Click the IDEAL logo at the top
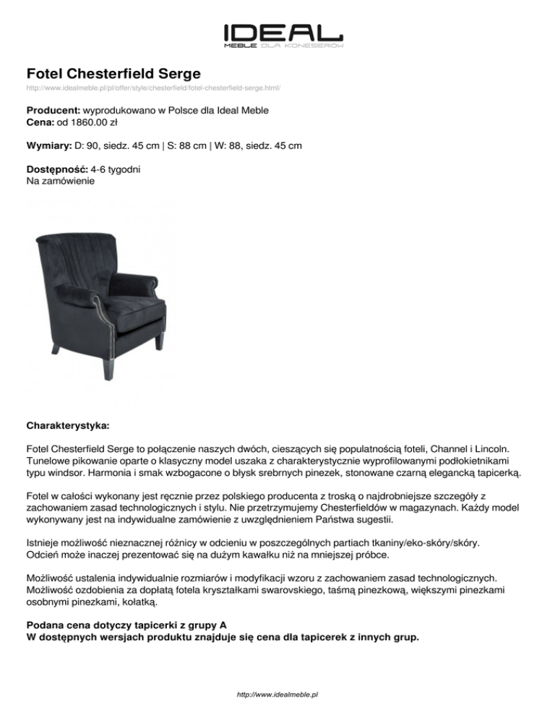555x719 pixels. point(283,33)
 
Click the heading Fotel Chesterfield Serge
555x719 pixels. point(113,73)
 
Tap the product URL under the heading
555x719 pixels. point(153,88)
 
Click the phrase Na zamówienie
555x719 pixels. point(60,182)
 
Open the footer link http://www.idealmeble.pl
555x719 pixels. point(277,694)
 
